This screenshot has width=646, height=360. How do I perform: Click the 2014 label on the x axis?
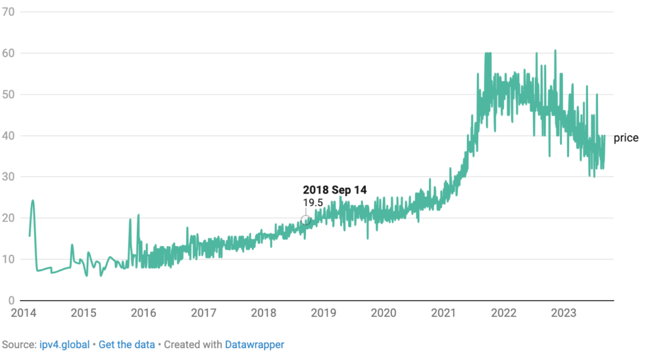(23, 312)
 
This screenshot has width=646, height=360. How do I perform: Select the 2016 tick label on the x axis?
(143, 312)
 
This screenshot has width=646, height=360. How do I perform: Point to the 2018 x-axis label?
(263, 312)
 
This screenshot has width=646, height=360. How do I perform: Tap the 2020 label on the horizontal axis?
(383, 312)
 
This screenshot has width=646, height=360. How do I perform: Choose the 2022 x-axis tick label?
(503, 312)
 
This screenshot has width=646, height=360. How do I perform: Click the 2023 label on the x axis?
(563, 312)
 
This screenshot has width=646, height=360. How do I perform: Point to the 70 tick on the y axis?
(9, 12)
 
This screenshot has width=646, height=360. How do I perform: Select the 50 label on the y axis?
(9, 95)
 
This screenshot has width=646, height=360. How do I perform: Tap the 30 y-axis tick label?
(9, 177)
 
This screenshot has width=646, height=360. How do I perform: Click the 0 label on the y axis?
(12, 300)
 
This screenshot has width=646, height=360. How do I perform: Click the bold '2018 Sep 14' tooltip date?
(334, 189)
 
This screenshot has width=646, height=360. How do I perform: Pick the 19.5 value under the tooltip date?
(314, 202)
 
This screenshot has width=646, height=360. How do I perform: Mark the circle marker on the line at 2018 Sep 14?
(305, 221)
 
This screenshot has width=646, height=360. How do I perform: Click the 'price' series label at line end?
(626, 138)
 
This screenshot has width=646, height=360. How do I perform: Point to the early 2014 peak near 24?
(33, 201)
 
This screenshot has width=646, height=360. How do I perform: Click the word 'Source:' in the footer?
(18, 345)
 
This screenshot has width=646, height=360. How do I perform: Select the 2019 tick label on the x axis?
(323, 312)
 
